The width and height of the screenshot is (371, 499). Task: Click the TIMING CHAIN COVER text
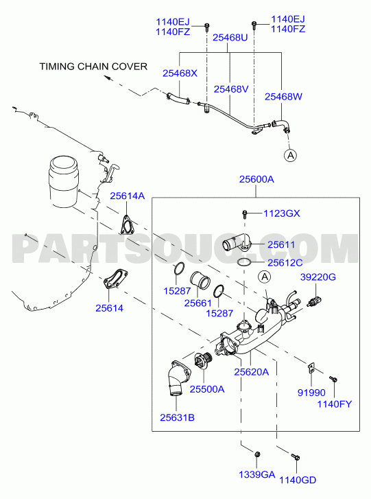pos(93,67)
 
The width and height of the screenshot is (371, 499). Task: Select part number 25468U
pos(230,38)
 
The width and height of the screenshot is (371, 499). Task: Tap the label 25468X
pos(180,73)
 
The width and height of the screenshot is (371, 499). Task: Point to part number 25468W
pos(283,96)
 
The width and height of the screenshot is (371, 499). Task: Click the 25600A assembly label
pos(256,179)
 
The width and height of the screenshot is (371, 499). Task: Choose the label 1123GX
pos(282,213)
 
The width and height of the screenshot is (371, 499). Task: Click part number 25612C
pos(285,263)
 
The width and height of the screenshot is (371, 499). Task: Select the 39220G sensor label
pos(318,277)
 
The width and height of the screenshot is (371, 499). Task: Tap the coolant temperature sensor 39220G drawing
pos(314,301)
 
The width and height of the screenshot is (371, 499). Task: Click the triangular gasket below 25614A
pos(127,226)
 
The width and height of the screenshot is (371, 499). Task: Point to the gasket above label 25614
pos(115,280)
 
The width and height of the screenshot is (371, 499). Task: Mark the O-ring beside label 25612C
pos(244,263)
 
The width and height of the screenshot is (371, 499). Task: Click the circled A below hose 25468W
pos(290,155)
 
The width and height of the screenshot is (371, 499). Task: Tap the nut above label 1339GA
pos(257,454)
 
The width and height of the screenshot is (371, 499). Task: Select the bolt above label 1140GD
pos(296,457)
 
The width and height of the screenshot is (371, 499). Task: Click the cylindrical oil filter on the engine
pos(63,181)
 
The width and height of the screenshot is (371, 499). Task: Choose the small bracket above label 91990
pos(311,368)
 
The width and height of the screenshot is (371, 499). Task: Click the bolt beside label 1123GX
pos(245,214)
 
